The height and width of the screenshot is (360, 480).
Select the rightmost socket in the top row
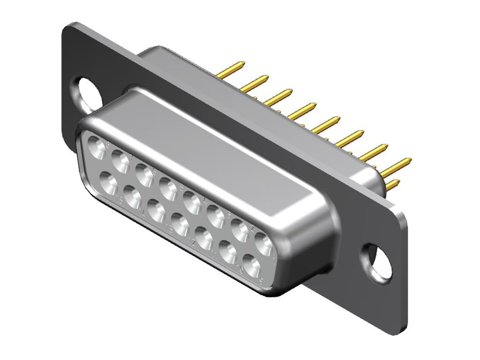[264, 243]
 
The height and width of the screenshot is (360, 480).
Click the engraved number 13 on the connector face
[168, 229]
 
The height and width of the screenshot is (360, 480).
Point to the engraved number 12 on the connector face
[192, 242]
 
